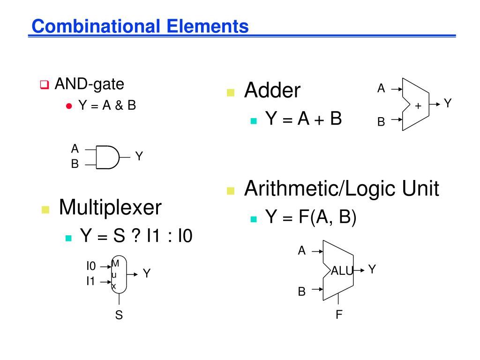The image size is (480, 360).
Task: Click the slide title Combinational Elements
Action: pos(140,26)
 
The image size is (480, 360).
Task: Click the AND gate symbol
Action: pos(108,157)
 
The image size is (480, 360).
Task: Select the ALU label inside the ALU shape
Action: pos(342,270)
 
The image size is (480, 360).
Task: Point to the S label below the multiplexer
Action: pos(119,315)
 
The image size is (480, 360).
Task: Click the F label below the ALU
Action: pos(339,314)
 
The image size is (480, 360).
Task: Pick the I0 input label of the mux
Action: pos(91,266)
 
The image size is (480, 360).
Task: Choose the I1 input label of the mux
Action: pos(90,281)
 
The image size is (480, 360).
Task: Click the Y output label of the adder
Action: pos(448,104)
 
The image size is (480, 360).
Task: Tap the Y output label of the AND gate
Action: pos(139,156)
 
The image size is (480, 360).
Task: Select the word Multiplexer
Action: pos(110,207)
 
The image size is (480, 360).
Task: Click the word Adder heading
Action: pos(272,90)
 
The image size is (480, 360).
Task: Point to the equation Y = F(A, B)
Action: pos(311,217)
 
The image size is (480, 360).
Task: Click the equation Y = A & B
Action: pos(107,105)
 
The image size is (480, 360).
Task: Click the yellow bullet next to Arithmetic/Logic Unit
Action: pos(230,191)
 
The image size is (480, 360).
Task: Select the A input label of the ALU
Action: pos(302,251)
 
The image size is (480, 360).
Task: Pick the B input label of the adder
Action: pos(381,122)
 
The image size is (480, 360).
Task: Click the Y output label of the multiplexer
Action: pos(147,273)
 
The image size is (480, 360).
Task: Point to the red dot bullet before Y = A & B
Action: pos(68,105)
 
